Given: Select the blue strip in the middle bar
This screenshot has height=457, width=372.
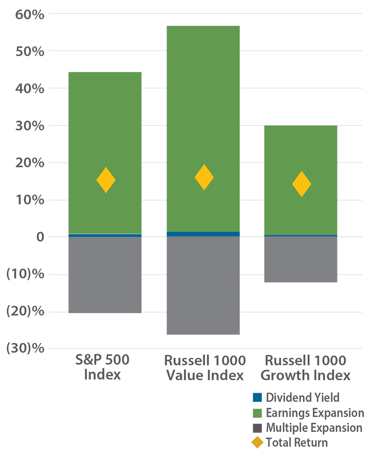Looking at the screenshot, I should (203, 234).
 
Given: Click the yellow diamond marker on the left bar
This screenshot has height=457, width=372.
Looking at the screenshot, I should (106, 180).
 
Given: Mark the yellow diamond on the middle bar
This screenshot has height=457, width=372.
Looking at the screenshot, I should (204, 177).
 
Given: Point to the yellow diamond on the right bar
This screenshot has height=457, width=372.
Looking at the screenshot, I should (302, 184).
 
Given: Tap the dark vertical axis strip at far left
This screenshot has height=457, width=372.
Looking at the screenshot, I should (27, 228).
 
